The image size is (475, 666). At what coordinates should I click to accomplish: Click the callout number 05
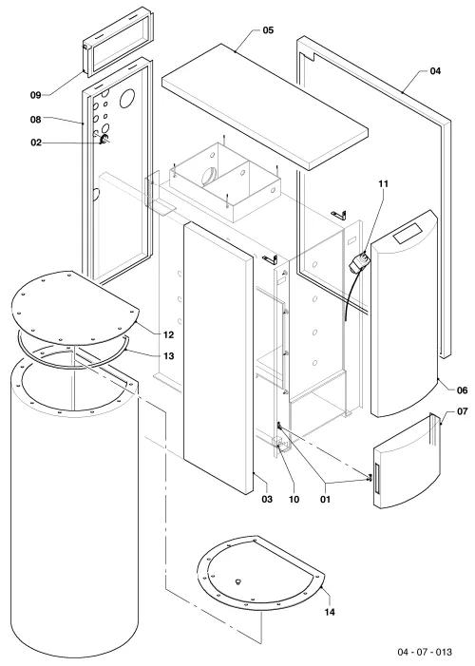[268, 30]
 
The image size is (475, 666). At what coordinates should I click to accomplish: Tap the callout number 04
[435, 71]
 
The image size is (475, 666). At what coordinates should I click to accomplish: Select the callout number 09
[36, 95]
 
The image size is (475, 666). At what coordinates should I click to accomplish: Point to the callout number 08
[36, 120]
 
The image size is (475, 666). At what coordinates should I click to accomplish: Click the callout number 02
[36, 143]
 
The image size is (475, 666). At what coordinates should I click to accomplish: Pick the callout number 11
[383, 184]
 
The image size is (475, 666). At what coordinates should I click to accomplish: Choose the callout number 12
[169, 335]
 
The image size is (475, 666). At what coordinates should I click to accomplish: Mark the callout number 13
[169, 356]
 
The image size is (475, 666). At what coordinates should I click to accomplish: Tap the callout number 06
[463, 390]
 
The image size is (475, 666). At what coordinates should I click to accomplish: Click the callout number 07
[463, 411]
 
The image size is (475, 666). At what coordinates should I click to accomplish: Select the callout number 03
[267, 499]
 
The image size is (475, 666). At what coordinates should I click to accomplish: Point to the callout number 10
[294, 499]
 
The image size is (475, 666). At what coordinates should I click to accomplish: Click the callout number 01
[325, 499]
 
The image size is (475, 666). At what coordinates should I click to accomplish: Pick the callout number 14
[330, 612]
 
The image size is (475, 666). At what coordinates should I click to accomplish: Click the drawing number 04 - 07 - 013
[425, 652]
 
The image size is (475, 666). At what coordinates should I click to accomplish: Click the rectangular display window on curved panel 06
[408, 233]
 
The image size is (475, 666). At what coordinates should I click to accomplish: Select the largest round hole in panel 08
[127, 100]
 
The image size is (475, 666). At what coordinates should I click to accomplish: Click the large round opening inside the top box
[209, 176]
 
